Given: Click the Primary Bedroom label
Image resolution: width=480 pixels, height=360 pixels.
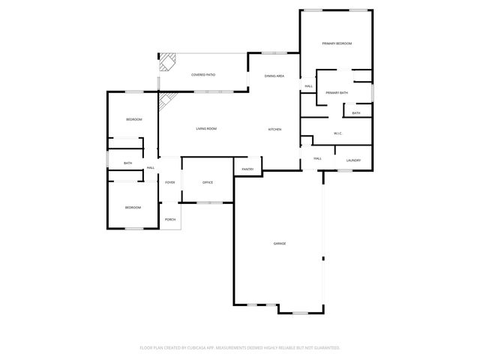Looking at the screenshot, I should pos(337,43).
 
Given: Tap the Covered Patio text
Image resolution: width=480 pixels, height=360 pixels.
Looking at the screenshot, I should pos(203,75).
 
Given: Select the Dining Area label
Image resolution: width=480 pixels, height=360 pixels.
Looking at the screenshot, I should pos(274,76).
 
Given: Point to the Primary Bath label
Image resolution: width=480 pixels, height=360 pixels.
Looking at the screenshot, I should pos(337,92).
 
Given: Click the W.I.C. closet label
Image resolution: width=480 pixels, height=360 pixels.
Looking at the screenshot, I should pos(338,133).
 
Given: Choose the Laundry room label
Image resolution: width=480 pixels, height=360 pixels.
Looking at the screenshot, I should pos(354,160).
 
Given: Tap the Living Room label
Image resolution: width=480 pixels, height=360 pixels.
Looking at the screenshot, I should pos(206,129).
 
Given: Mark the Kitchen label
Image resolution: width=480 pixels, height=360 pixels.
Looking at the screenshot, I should pos(274,130).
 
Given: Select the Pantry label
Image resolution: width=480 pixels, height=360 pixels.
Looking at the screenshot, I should pos(247,169).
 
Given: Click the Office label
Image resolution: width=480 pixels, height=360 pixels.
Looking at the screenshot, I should pos(208,182).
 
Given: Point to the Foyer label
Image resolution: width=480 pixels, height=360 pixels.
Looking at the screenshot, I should pos(170,182).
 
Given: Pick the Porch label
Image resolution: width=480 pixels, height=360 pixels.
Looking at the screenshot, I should pos(170,219).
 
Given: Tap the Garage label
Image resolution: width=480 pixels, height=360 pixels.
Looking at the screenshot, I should pos(279,243).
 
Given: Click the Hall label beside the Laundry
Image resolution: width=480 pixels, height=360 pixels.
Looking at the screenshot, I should pos(317,158).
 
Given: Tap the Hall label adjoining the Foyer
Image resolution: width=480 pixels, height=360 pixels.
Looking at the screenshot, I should pos(151,167).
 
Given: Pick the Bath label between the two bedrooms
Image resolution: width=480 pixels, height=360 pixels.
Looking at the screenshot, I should pos(127,163).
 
